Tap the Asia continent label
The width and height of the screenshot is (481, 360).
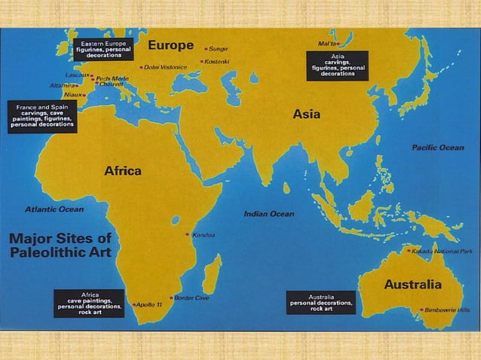coord(306,114)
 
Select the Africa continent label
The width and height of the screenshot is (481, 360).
coord(122,171)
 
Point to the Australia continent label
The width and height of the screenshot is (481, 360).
coord(412,285)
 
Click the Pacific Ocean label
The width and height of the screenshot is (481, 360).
coord(438,148)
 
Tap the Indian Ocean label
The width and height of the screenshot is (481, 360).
coord(268,214)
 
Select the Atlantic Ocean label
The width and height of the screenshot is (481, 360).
coord(54,209)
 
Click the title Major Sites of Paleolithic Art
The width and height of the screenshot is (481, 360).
coord(60,245)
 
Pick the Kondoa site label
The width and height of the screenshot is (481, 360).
coord(204,235)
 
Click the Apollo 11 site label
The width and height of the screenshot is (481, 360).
coord(148,305)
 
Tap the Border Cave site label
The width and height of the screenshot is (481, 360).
coord(191,297)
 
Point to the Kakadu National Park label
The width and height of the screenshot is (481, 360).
coord(442,250)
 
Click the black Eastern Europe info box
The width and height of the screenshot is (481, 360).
coord(103,49)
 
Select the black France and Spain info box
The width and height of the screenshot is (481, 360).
coord(42,117)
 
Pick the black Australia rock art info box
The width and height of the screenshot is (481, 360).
coord(322,302)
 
